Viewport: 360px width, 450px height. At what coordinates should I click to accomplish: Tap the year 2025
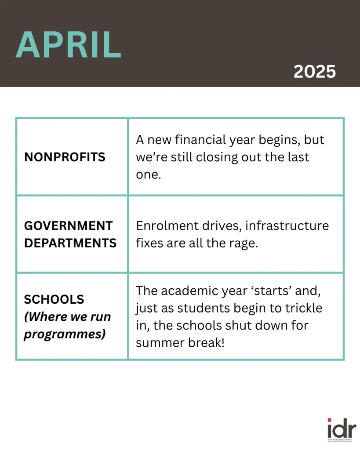coord(314,71)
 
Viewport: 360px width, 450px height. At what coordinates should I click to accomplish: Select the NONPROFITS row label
coord(65,157)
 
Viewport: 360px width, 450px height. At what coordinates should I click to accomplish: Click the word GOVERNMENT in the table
coord(68,226)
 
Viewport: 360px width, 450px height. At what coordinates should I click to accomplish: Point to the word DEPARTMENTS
coord(70,243)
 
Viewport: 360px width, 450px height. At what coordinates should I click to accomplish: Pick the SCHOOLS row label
coord(54,299)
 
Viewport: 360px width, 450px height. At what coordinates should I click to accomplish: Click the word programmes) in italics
coord(65,334)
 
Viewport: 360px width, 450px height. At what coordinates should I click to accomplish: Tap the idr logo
coord(341,428)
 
